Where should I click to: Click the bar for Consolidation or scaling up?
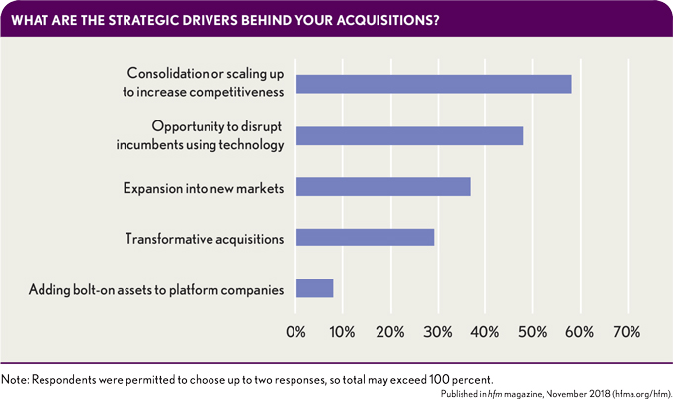pyautogui.click(x=433, y=84)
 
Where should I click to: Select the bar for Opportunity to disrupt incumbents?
pyautogui.click(x=409, y=135)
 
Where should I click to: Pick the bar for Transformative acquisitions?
pyautogui.click(x=365, y=237)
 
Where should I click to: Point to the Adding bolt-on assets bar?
pyautogui.click(x=315, y=288)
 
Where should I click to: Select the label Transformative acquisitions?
pyautogui.click(x=205, y=239)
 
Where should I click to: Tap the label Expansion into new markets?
pyautogui.click(x=203, y=188)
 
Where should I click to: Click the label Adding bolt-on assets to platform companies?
pyautogui.click(x=156, y=289)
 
